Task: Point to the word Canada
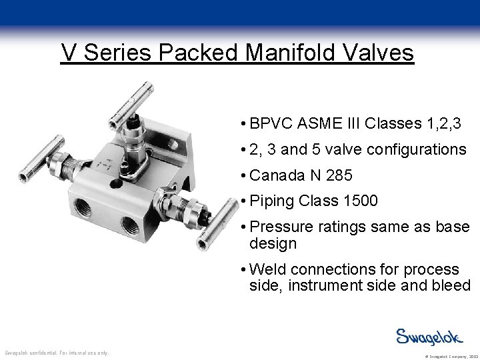click(275, 177)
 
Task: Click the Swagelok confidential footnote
click(56, 352)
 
